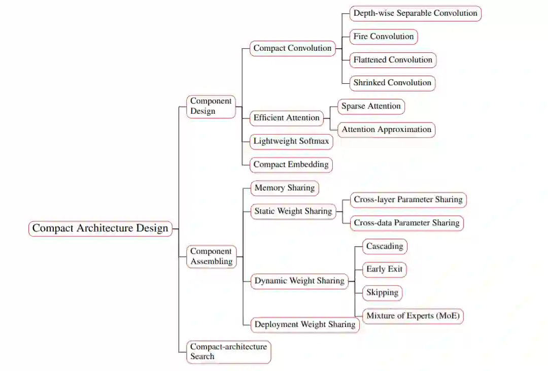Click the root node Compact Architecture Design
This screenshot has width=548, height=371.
coord(100,228)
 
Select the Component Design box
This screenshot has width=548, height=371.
coord(211,106)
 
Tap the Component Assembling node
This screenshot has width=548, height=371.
coord(211,256)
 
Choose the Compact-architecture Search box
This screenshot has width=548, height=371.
coord(228,352)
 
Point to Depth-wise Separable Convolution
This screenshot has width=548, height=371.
coord(415,13)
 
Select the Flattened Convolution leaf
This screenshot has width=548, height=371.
coord(393,60)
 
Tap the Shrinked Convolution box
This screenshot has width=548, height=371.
coord(392,83)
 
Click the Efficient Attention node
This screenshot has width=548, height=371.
coord(287,118)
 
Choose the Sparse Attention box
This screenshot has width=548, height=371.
coord(371,107)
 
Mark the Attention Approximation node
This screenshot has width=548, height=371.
coord(386,129)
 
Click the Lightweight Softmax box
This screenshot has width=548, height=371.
coord(291,142)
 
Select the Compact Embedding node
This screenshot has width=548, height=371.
coord(291,164)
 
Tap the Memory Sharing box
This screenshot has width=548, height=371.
coord(285,188)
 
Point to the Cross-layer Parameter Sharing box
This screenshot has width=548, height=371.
coord(408,199)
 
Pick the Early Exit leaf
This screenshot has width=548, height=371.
coord(384,269)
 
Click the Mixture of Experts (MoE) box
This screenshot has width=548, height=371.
coord(413,316)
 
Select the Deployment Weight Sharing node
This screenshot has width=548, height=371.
coord(305,324)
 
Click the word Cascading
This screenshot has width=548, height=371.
coord(385,247)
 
